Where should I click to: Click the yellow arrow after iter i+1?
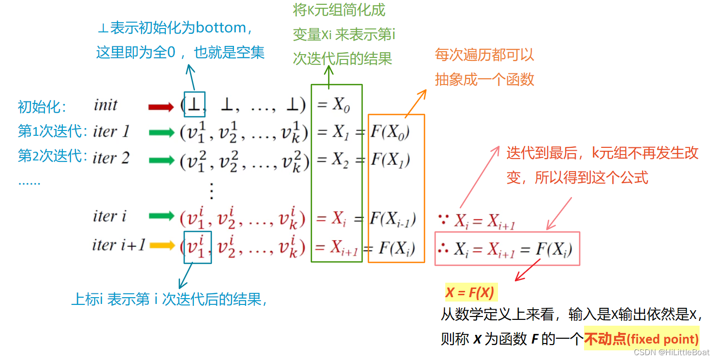[161, 245]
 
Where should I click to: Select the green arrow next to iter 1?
[161, 132]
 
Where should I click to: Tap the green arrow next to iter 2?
[161, 160]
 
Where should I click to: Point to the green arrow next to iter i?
[161, 216]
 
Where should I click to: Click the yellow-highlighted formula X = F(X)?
[469, 293]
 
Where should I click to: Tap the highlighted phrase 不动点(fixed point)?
[642, 339]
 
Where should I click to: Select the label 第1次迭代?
[53, 131]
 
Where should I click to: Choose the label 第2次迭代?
[53, 156]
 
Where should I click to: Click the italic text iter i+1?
[118, 245]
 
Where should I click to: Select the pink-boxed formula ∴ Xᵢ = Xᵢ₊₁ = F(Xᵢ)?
[507, 249]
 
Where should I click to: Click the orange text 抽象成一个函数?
[484, 79]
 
